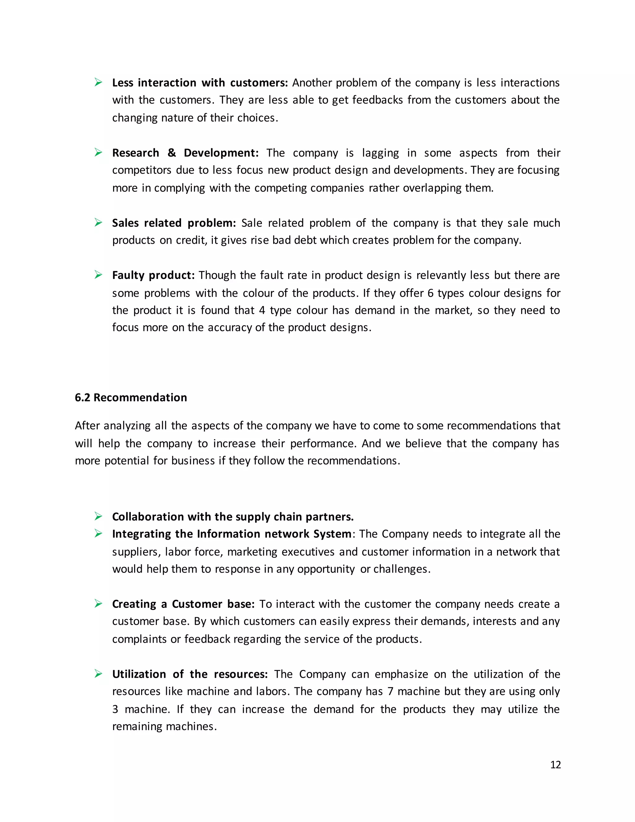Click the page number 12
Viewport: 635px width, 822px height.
tap(555, 764)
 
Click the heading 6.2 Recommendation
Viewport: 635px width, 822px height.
tap(131, 397)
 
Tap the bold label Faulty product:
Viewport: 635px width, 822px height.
tap(153, 275)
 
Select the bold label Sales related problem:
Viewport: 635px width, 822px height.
tap(174, 223)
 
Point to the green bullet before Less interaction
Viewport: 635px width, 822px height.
tap(99, 82)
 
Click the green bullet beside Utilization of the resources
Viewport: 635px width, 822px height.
tap(99, 674)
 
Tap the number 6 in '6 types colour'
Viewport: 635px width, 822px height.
tap(430, 293)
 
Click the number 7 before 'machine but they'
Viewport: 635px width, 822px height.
tap(390, 691)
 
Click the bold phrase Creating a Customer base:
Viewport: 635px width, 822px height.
tap(183, 604)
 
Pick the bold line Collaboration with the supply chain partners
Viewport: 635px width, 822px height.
tap(233, 516)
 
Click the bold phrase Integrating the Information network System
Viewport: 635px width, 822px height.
tap(231, 534)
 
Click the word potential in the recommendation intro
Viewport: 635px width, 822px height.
tap(127, 461)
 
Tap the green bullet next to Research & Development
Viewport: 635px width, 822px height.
tap(99, 152)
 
